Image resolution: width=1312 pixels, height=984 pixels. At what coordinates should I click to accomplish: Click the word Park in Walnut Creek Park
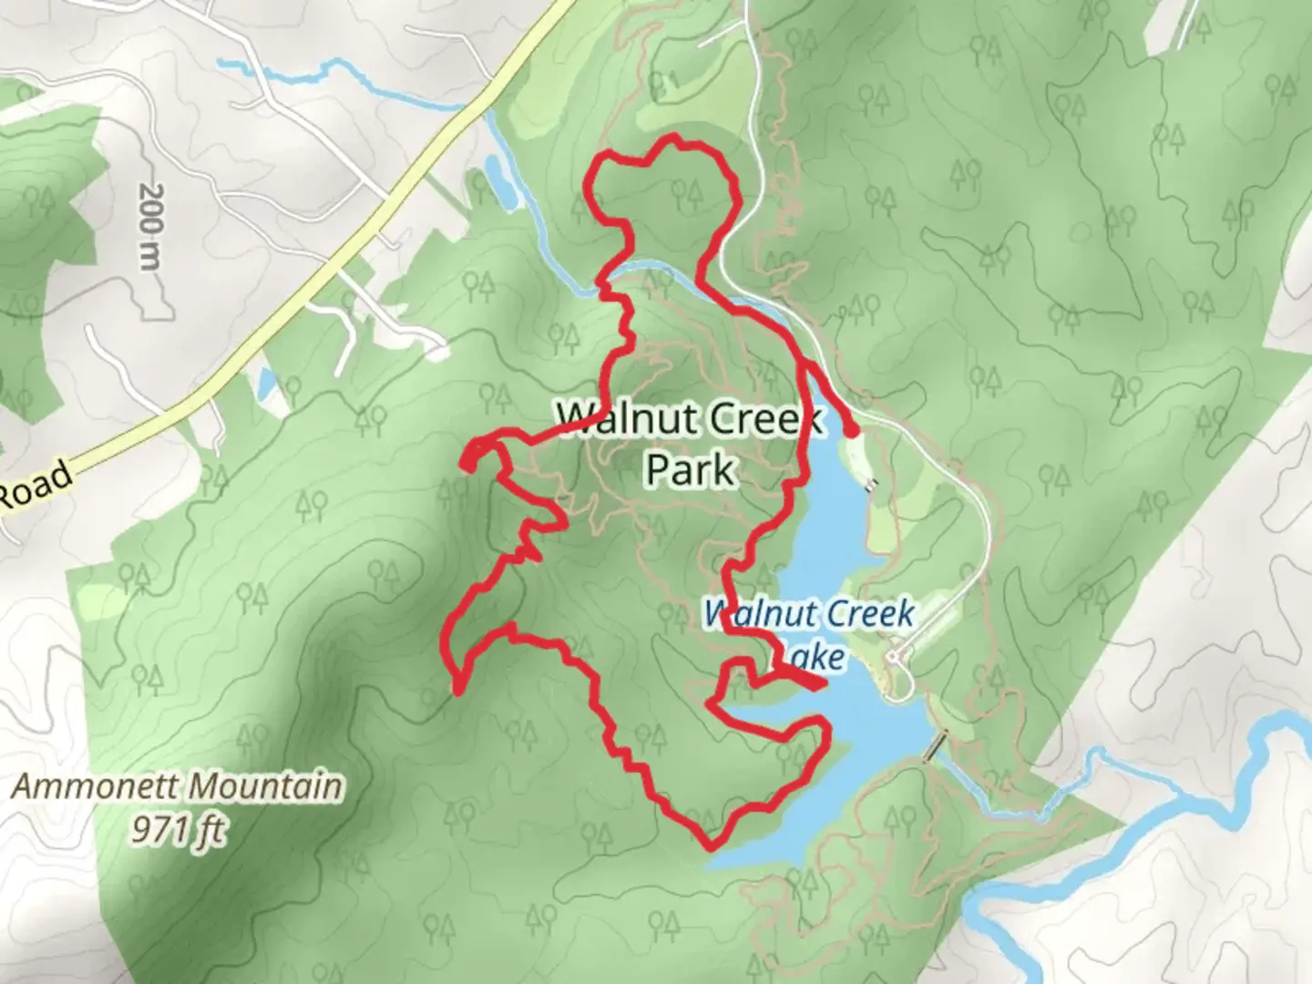690,470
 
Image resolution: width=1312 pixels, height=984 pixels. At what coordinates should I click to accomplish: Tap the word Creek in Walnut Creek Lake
867,613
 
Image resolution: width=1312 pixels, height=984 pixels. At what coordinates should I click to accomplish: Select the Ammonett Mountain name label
178,785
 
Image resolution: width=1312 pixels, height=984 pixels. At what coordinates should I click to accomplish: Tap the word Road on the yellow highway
35,486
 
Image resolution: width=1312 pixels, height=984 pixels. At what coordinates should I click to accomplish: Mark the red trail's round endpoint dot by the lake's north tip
851,432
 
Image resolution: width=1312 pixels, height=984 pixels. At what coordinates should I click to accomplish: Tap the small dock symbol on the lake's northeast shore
873,485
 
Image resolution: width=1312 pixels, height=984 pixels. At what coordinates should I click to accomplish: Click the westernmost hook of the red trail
467,459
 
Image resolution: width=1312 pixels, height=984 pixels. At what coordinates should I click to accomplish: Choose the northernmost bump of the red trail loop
674,138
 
